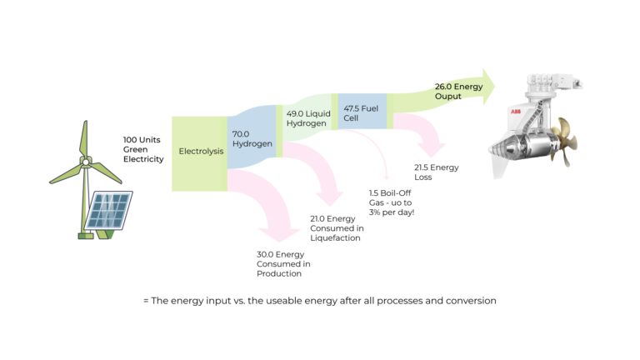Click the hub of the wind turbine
click(83, 161)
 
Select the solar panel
click(107, 209)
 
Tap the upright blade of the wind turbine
click(83, 138)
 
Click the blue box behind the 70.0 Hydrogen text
click(251, 154)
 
